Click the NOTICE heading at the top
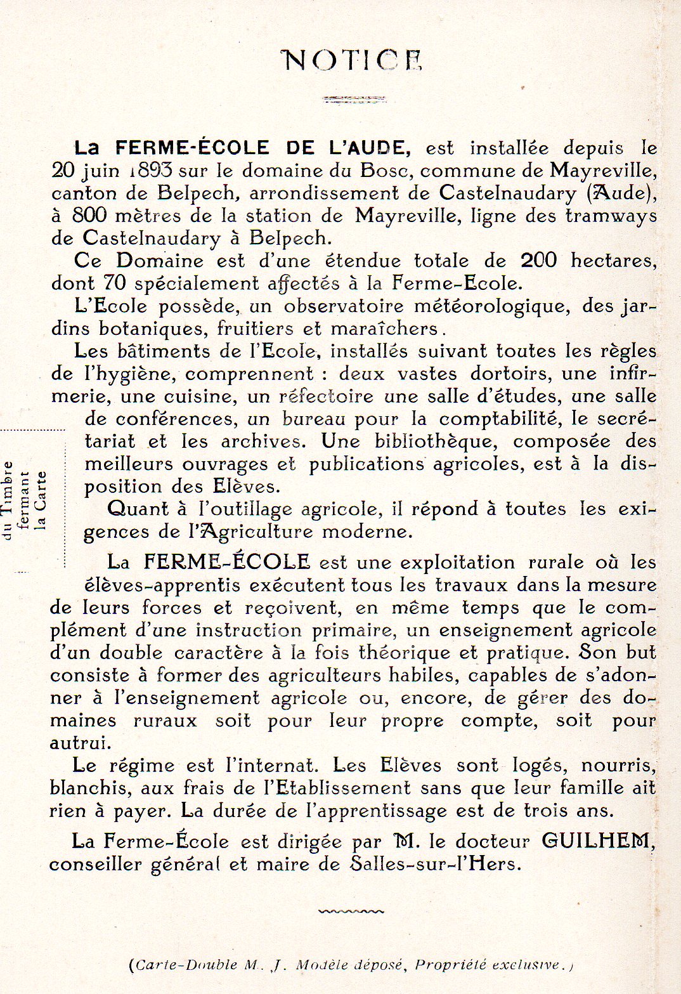click(353, 60)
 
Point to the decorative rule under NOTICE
click(354, 99)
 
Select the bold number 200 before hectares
click(538, 261)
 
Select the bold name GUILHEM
click(597, 841)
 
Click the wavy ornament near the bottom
click(351, 912)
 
